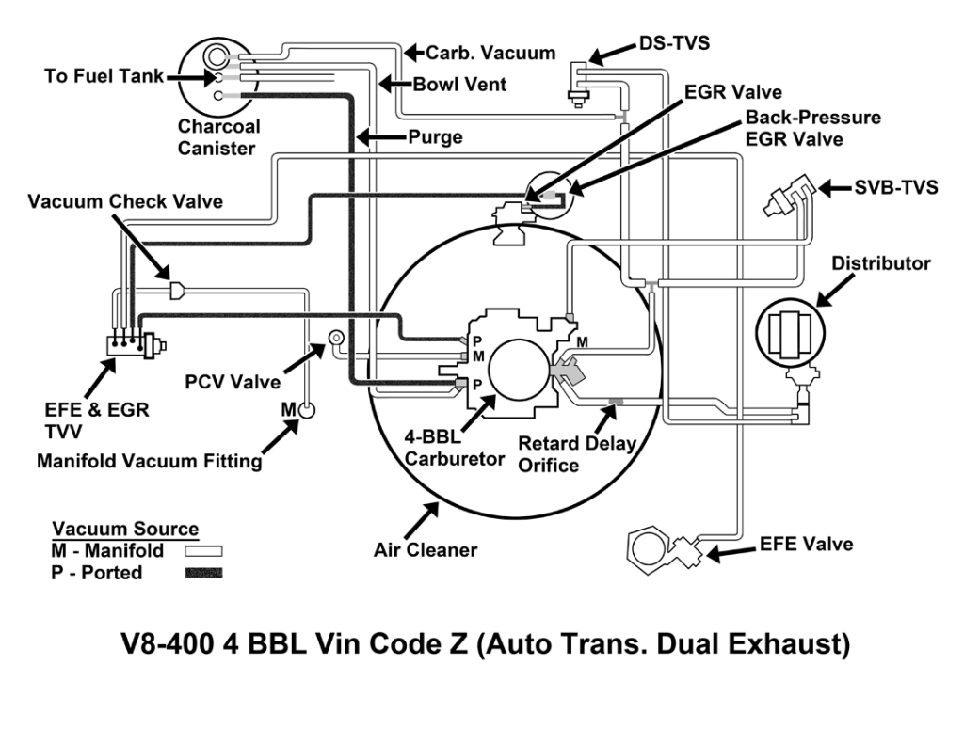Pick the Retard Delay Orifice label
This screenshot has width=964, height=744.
click(x=577, y=454)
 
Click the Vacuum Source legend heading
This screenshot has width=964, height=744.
click(x=125, y=529)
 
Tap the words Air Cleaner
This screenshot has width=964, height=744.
click(x=426, y=549)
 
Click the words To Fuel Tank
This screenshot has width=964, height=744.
click(x=104, y=76)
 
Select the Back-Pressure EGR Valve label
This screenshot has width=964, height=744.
click(x=812, y=129)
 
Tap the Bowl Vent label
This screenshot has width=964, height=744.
click(x=459, y=85)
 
